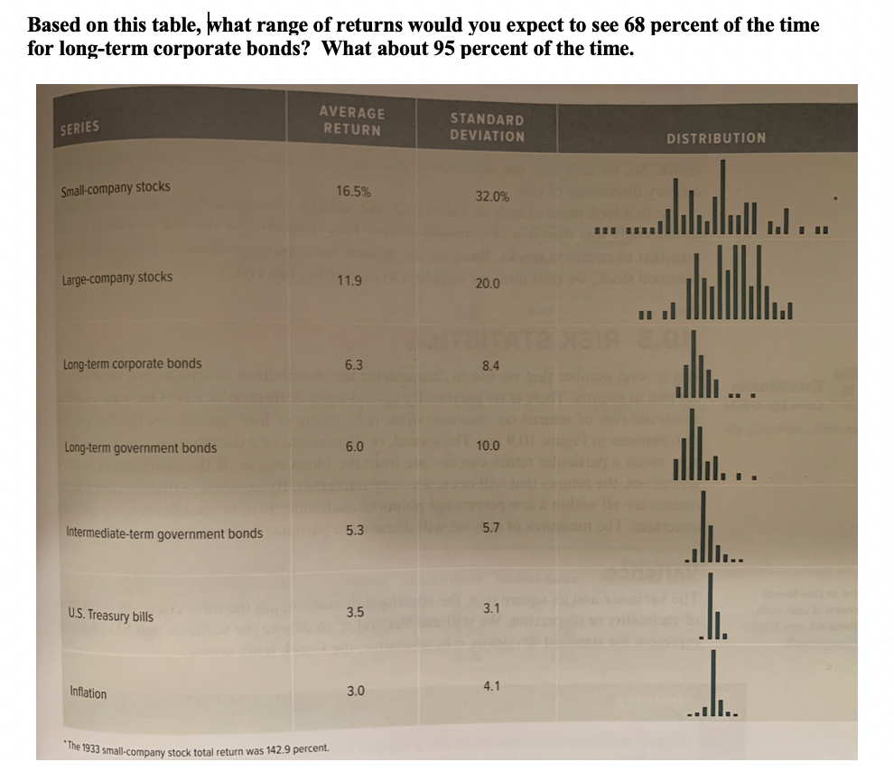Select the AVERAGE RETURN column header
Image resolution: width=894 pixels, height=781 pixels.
[x=351, y=121]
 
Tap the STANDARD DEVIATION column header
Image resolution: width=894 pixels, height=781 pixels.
[x=487, y=127]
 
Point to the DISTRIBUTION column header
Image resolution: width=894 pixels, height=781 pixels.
[x=716, y=138]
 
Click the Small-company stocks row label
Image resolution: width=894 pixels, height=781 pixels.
[x=116, y=189]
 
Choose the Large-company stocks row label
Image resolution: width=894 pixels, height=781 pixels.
[x=117, y=278]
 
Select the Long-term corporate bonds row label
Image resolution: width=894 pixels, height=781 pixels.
[x=133, y=364]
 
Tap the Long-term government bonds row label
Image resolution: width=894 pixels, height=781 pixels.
[x=141, y=447]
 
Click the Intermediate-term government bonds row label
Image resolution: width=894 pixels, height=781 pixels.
[x=165, y=533]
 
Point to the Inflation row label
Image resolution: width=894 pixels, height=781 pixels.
[x=88, y=693]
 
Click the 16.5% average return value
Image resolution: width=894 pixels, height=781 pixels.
[x=352, y=191]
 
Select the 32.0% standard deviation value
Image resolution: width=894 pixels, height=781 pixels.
[x=492, y=195]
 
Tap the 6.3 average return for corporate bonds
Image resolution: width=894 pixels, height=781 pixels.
[x=354, y=365]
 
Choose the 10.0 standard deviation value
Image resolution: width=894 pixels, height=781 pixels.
[x=488, y=446]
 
